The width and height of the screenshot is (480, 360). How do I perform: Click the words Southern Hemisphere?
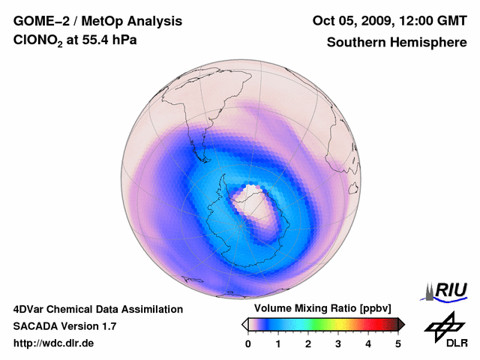tap(396, 42)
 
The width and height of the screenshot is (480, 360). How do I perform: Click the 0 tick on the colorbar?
tap(248, 343)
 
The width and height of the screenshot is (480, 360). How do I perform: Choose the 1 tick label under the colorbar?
tap(278, 343)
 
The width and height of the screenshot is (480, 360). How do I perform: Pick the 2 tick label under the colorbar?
tap(308, 343)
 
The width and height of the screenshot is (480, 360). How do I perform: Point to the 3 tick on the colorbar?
tap(338, 343)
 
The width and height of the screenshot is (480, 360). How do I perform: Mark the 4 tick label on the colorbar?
tap(368, 343)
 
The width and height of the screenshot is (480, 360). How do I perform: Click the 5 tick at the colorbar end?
tap(398, 343)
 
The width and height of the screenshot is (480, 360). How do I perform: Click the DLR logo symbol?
tap(445, 325)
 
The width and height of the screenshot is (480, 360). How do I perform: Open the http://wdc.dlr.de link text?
tap(54, 343)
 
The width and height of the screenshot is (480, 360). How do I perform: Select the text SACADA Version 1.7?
tap(64, 326)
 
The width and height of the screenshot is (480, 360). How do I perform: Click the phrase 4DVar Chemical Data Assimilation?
tap(97, 309)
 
